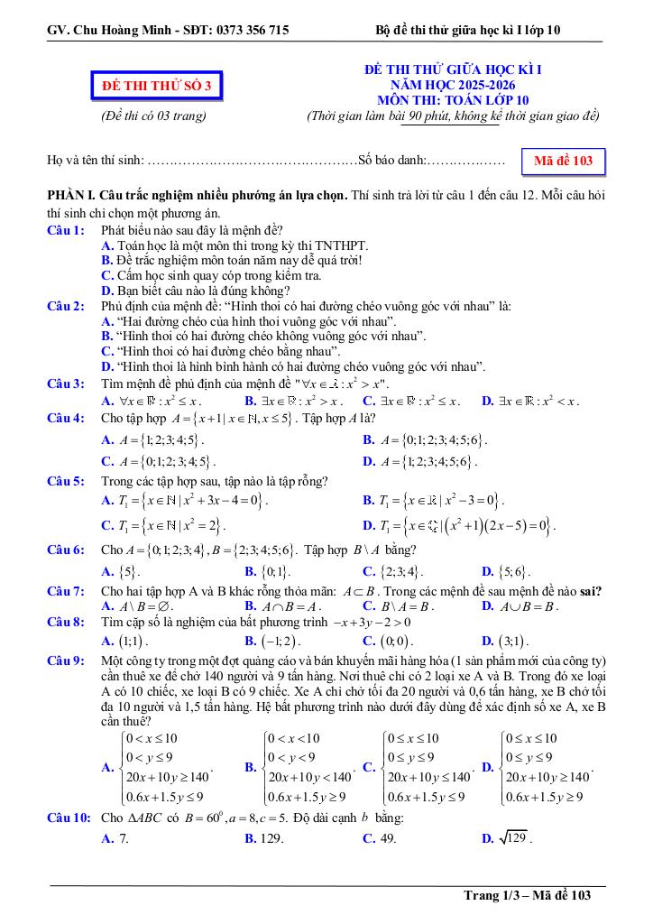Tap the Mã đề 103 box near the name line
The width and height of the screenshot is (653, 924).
point(563,162)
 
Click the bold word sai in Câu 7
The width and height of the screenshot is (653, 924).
point(591,591)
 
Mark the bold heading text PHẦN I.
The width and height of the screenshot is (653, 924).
point(73,196)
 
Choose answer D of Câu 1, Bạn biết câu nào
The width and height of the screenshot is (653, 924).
point(197,291)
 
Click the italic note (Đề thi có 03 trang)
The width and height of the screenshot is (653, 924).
point(153,115)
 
